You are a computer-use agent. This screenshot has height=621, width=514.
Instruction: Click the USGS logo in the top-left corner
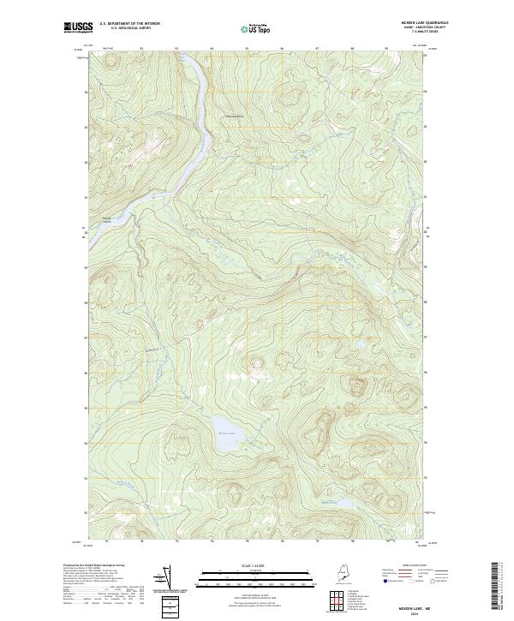click(x=79, y=27)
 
